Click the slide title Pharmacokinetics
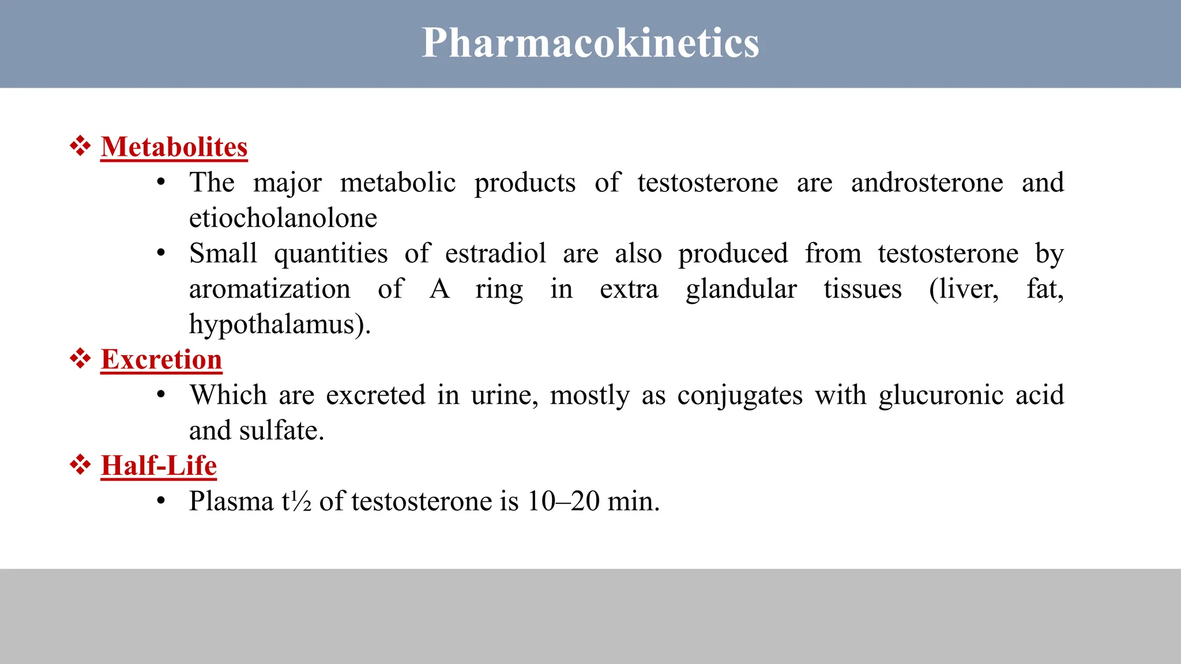click(x=590, y=43)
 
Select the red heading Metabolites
click(x=174, y=147)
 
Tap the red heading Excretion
click(x=161, y=360)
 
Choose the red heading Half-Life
click(x=159, y=466)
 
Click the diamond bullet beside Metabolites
click(x=80, y=146)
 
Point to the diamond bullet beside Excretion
click(x=80, y=359)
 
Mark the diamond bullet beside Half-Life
click(x=80, y=465)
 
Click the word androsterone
click(x=927, y=183)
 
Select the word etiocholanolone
click(x=283, y=218)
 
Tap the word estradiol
click(x=495, y=254)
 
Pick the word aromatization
click(x=270, y=289)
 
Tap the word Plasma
click(x=231, y=501)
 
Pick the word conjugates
click(x=740, y=395)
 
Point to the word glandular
click(x=741, y=289)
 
